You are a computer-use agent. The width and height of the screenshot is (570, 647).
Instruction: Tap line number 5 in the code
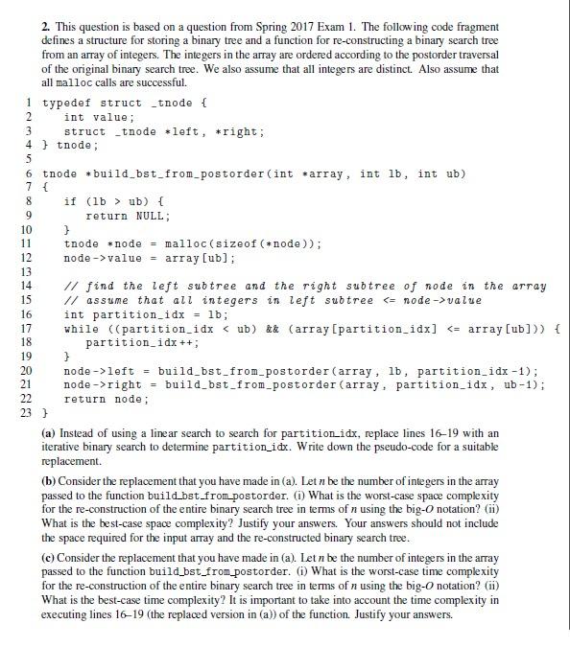point(30,160)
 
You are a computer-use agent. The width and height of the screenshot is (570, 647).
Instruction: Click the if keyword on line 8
point(70,202)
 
